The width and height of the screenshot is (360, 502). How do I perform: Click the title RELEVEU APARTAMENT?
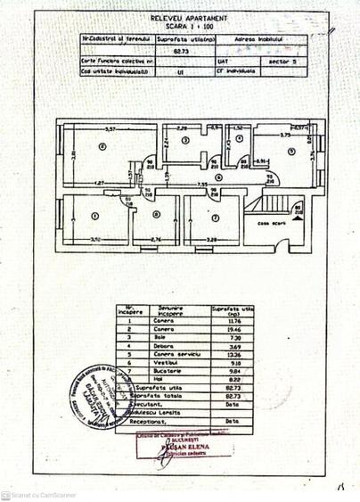pyautogui.click(x=179, y=17)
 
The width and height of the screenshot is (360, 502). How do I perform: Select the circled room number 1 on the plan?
pyautogui.click(x=93, y=215)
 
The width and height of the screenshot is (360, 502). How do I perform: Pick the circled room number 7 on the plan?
pyautogui.click(x=215, y=215)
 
